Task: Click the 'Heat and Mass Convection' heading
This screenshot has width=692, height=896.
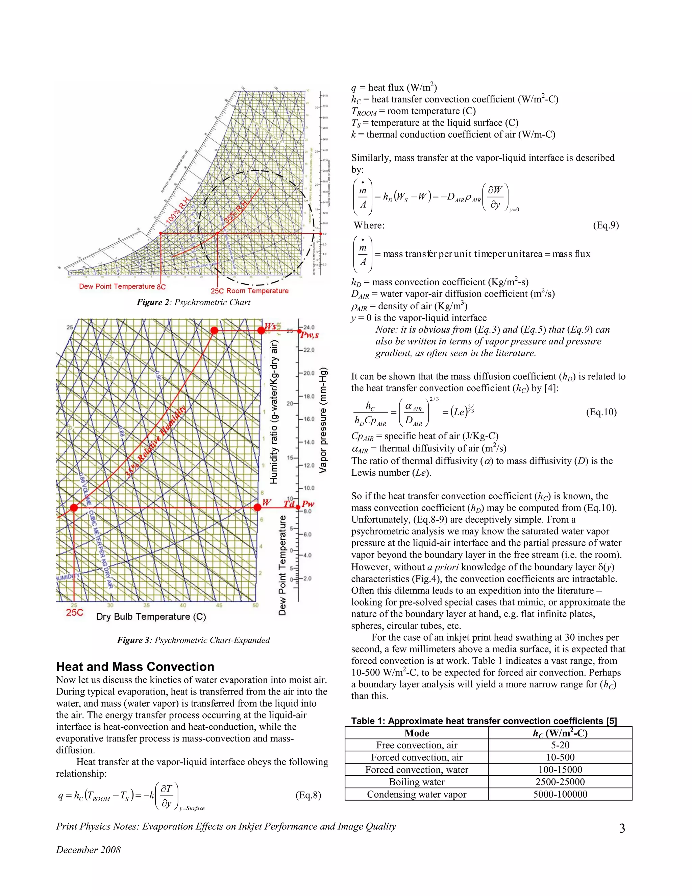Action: tap(135, 666)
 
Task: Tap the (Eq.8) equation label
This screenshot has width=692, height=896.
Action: tap(308, 795)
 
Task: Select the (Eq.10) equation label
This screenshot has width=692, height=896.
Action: tap(601, 412)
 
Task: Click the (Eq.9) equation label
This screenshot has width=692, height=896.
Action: tap(605, 225)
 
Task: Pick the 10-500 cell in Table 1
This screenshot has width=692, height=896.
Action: tap(560, 757)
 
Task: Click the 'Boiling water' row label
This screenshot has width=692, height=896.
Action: tap(417, 782)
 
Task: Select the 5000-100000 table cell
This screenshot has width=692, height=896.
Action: tap(560, 794)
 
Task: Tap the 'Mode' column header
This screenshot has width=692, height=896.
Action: tap(417, 733)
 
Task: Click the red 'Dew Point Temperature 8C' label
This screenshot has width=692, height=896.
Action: tap(122, 286)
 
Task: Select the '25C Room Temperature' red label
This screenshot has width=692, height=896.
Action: tap(249, 291)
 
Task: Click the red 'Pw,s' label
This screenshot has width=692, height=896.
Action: tap(310, 335)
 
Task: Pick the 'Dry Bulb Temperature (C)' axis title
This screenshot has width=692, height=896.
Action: tap(151, 617)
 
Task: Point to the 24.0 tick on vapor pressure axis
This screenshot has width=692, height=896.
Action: tap(309, 327)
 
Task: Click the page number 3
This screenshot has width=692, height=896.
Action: tap(622, 828)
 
